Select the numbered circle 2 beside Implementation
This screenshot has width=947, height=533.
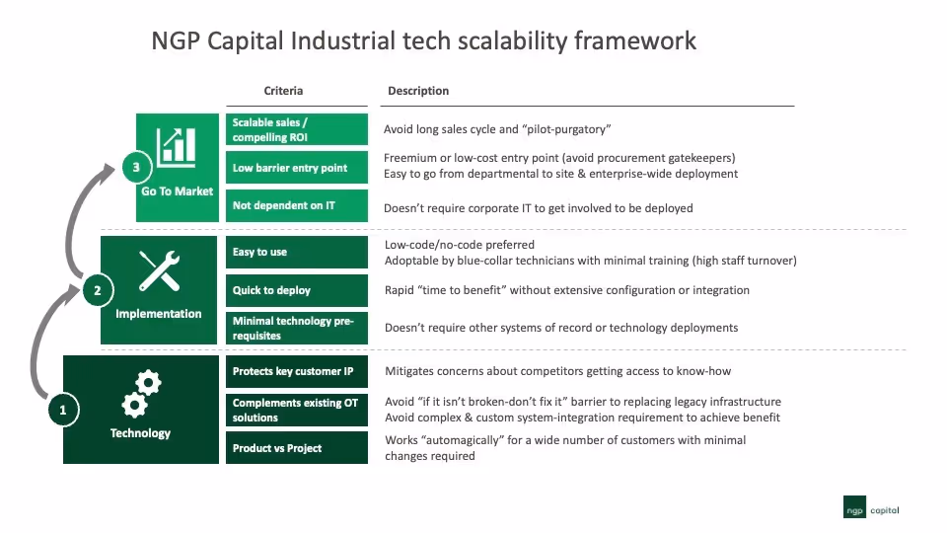pyautogui.click(x=97, y=290)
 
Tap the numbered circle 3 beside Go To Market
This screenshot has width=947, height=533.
pyautogui.click(x=136, y=167)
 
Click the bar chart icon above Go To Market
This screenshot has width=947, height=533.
pyautogui.click(x=178, y=145)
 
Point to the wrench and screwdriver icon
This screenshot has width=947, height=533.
pyautogui.click(x=159, y=270)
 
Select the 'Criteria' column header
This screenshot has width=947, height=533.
pyautogui.click(x=283, y=91)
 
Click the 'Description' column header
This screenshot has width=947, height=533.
pyautogui.click(x=418, y=91)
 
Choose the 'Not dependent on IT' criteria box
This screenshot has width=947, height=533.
pyautogui.click(x=297, y=206)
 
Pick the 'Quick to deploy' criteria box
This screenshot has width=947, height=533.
pyautogui.click(x=297, y=290)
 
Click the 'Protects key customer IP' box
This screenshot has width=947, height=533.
pyautogui.click(x=297, y=371)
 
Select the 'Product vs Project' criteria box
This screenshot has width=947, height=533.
pyautogui.click(x=297, y=448)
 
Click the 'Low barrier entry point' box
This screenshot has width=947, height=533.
pyautogui.click(x=297, y=168)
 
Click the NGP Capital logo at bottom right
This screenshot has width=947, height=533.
pyautogui.click(x=871, y=510)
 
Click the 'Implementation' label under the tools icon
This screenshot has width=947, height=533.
pyautogui.click(x=159, y=314)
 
